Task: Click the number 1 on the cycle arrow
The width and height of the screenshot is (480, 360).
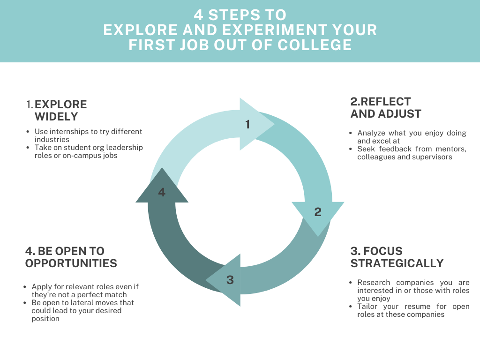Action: click(247, 124)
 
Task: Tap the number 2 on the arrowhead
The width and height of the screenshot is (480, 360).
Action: click(318, 212)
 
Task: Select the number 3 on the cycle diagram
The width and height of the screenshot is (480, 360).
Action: click(230, 280)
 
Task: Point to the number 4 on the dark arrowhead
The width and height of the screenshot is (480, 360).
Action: click(162, 192)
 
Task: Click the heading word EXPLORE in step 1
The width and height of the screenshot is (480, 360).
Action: click(61, 104)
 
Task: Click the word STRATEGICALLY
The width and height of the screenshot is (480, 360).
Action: click(397, 263)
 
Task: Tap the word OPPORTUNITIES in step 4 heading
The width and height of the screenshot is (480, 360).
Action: click(71, 263)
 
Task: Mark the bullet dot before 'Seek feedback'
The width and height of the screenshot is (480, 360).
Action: click(352, 149)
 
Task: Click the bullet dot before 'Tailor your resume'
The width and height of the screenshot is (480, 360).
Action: click(352, 307)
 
